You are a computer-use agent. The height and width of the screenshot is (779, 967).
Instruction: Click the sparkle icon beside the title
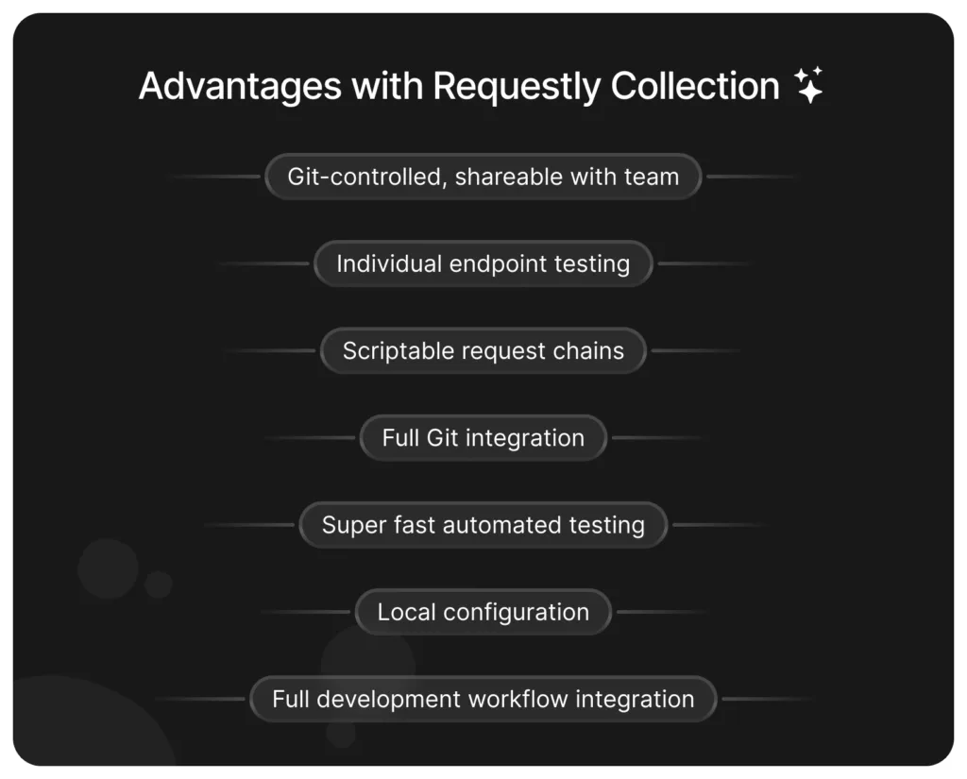click(808, 85)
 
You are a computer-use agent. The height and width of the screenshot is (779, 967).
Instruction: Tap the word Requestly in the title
click(517, 87)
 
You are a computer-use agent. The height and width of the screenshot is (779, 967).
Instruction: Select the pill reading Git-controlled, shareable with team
click(483, 177)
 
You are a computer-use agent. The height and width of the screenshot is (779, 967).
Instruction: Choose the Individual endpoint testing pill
click(483, 263)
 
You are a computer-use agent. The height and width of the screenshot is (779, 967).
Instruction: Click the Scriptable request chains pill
click(483, 351)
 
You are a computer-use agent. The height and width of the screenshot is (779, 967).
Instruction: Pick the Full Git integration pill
click(483, 438)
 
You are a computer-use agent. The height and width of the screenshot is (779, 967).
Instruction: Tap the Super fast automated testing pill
click(483, 525)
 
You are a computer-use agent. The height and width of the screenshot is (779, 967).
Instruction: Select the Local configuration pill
click(483, 612)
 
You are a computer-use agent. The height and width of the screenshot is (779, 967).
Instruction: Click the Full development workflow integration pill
click(483, 700)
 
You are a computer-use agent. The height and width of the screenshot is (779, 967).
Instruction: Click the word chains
click(589, 351)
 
